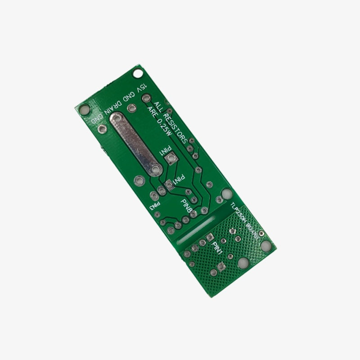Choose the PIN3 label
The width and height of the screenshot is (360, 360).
pyautogui.click(x=156, y=207)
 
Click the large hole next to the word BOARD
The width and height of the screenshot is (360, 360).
pyautogui.click(x=266, y=245)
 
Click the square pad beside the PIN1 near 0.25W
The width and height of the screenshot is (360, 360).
pyautogui.click(x=171, y=158)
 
